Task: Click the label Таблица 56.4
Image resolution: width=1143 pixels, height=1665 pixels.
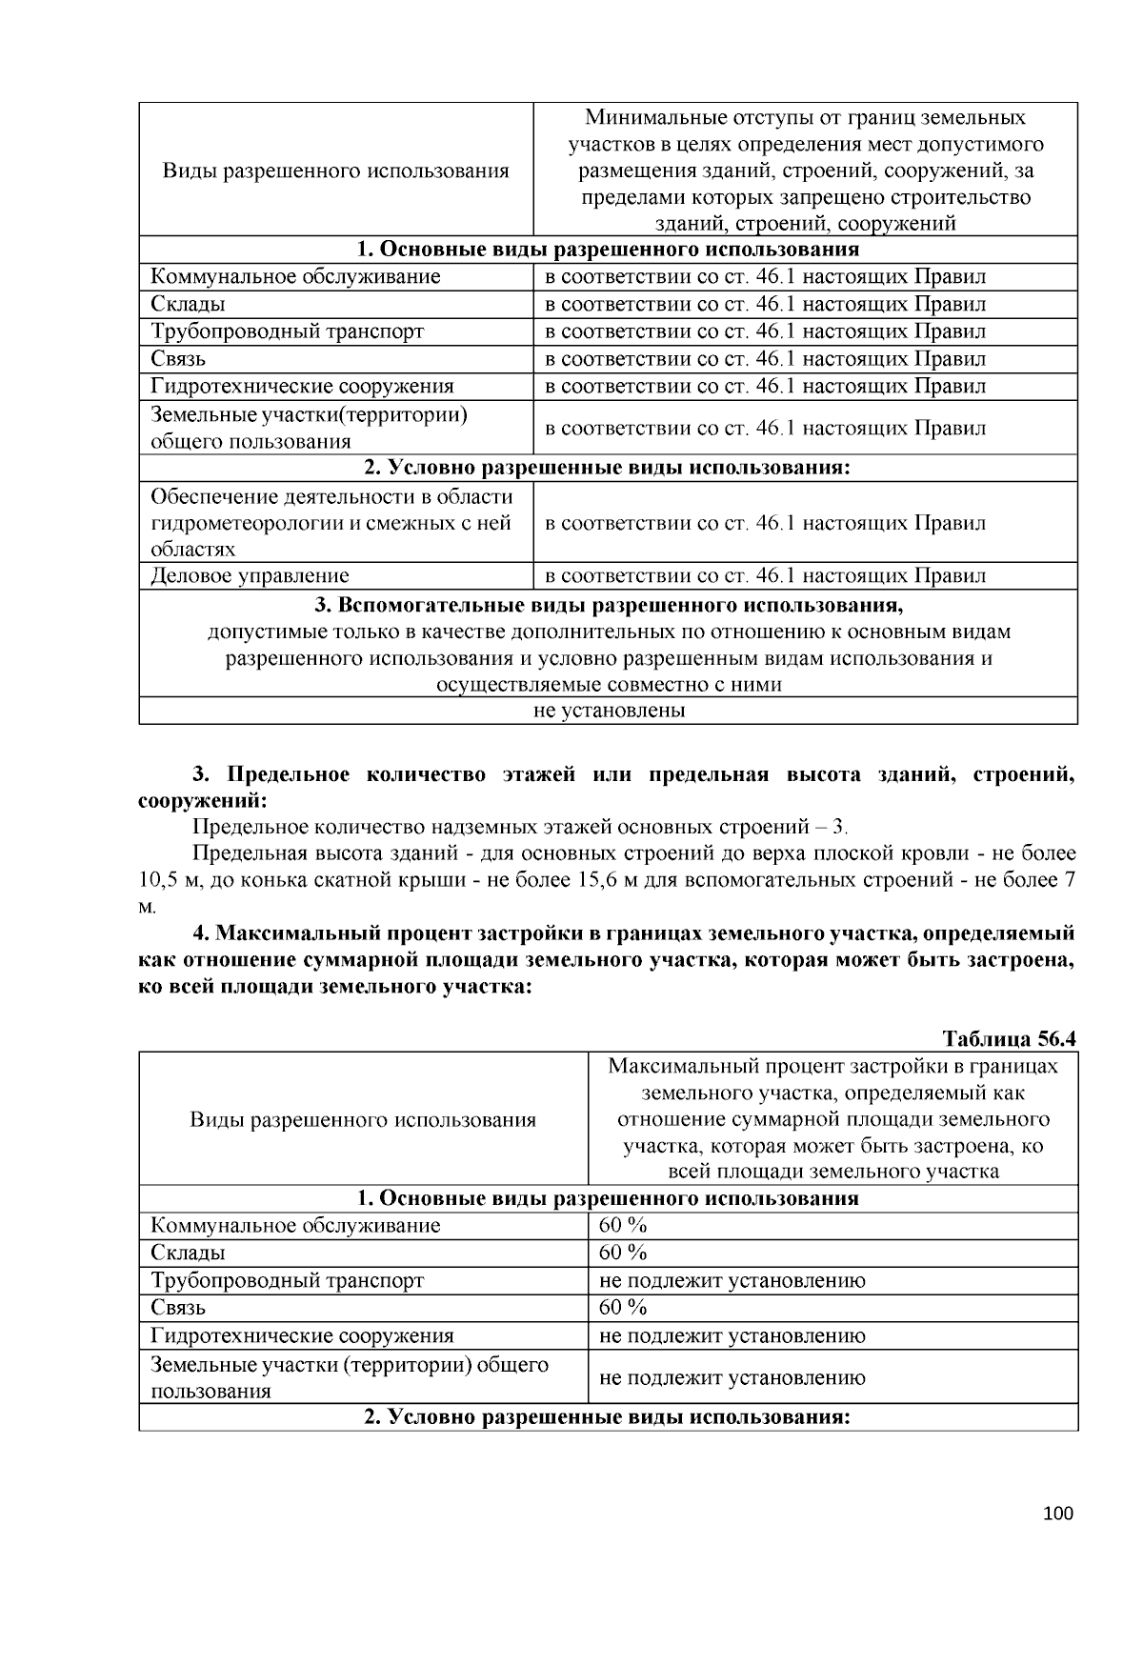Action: point(1008,1037)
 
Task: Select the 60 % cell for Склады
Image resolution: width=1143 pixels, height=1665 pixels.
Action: point(624,1252)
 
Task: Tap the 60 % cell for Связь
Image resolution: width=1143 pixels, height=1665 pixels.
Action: point(624,1307)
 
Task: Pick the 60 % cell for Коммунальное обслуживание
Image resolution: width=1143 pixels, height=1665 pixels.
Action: point(624,1225)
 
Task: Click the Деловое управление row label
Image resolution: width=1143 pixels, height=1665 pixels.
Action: point(250,575)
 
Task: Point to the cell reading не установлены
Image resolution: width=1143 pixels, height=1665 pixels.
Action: point(609,711)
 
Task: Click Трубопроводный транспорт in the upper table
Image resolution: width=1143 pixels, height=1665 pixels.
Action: point(287,331)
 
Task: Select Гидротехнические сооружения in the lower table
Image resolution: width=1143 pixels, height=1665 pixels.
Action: point(302,1335)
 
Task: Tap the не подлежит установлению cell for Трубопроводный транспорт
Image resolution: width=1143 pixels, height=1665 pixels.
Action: point(732,1280)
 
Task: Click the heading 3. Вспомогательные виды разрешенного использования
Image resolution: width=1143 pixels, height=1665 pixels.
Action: point(609,606)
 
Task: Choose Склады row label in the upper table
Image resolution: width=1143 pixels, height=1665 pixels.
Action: point(188,304)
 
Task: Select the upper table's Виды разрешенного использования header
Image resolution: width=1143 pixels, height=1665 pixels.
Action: point(335,171)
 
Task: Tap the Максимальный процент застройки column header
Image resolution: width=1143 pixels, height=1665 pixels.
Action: point(832,1118)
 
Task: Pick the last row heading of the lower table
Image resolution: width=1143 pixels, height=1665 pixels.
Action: point(608,1417)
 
